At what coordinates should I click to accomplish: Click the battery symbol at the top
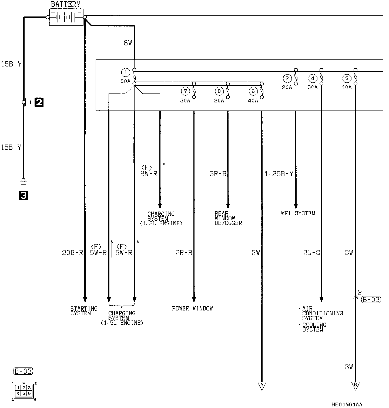66,17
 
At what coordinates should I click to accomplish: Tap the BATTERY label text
66,4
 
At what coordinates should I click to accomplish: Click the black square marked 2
39,102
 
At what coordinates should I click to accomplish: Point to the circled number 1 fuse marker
126,72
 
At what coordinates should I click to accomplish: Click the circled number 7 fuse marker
185,91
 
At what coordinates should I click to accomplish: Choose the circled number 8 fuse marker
219,91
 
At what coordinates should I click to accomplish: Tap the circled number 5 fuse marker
347,79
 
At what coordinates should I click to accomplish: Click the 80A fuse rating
125,81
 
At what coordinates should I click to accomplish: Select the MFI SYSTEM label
298,213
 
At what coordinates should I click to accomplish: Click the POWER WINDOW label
192,308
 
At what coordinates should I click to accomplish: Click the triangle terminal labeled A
261,385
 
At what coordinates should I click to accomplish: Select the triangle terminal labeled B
355,385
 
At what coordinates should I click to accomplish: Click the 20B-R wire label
72,253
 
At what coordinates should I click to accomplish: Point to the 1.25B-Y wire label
279,174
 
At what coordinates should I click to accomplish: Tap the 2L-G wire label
311,253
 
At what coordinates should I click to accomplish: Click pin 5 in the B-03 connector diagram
24,393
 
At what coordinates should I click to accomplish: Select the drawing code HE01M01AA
347,404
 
